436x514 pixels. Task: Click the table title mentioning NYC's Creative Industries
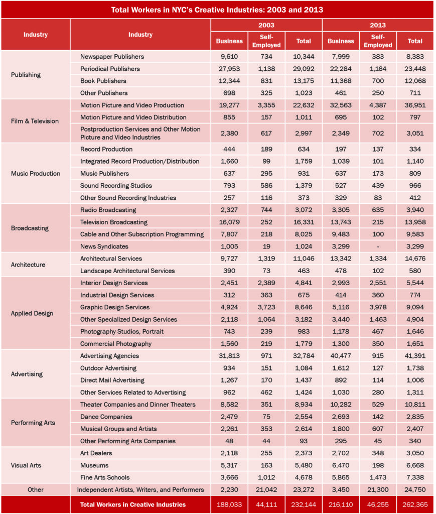coord(217,10)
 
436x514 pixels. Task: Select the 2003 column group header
coord(266,25)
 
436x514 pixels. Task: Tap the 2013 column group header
coord(377,25)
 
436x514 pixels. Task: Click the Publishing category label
coord(26,75)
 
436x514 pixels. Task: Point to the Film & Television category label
coord(35,121)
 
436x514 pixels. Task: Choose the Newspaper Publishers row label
coord(112,57)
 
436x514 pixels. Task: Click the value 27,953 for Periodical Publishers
coord(229,69)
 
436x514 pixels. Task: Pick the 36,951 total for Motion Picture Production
coord(415,105)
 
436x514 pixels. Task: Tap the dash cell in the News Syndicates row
coord(378,246)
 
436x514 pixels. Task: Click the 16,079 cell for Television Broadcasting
coord(229,222)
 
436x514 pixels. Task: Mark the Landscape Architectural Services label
coord(127,271)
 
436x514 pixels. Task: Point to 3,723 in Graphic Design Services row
coord(266,307)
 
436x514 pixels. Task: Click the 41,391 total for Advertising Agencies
coord(415,356)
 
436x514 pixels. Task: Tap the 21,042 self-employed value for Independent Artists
coord(266,489)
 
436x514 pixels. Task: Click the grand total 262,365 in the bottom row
coord(415,504)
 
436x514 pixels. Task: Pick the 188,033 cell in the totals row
coord(229,504)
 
